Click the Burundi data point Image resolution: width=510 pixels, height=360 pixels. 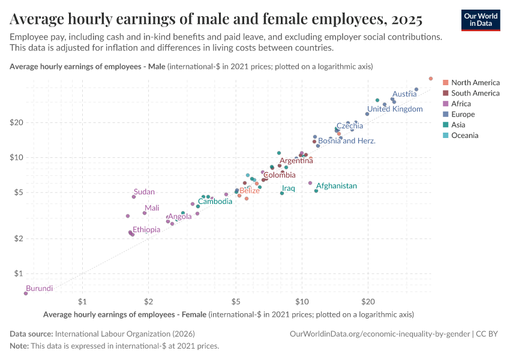(x=26, y=293)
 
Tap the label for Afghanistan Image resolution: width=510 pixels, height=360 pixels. (x=336, y=186)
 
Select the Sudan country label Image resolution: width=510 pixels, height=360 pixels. (x=144, y=192)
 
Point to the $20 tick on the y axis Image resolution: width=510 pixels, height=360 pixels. (x=16, y=122)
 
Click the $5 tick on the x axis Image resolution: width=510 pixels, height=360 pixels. (x=236, y=301)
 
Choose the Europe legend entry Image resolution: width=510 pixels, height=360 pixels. (x=463, y=114)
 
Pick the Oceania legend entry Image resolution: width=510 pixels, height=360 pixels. (x=464, y=136)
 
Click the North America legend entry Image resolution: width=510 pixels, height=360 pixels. (x=475, y=82)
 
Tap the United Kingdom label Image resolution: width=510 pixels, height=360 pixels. (x=395, y=109)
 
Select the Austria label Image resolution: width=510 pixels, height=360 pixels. (x=404, y=94)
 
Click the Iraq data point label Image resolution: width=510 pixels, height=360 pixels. (x=289, y=188)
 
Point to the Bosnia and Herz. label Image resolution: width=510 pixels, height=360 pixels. (x=347, y=141)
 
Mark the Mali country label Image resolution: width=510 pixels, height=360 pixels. (x=152, y=208)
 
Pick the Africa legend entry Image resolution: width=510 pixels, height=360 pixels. (x=461, y=104)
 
